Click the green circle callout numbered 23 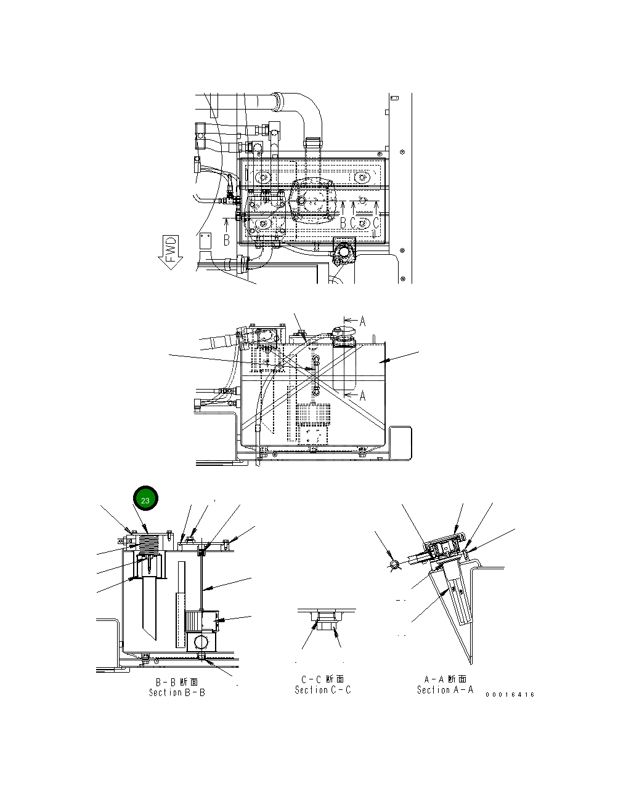(145, 500)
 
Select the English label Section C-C (323, 690)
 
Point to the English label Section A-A (445, 690)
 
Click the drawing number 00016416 (510, 695)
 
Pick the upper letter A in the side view (362, 321)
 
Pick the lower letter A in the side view (362, 396)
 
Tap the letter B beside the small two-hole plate (227, 239)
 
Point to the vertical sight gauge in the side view (315, 375)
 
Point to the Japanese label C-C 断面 (323, 679)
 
